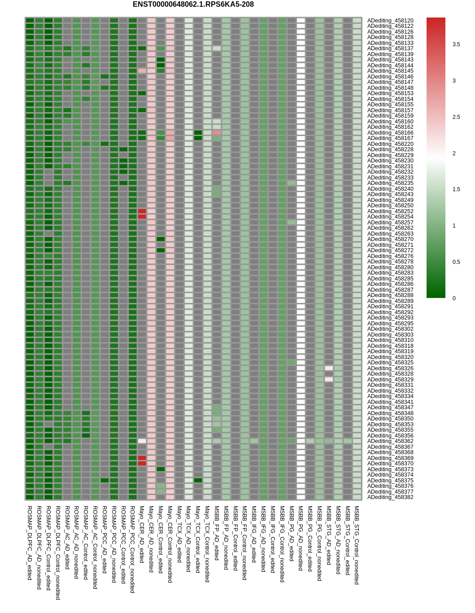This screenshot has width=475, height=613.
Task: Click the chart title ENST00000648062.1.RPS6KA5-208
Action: click(193, 4)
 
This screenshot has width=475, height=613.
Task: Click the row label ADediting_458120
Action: click(390, 21)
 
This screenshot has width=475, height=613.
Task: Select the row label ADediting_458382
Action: click(390, 497)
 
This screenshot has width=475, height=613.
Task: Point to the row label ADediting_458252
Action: click(390, 211)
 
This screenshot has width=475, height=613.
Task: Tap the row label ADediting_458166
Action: click(390, 133)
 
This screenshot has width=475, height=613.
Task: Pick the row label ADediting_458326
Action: click(390, 368)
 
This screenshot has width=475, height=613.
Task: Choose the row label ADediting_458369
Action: click(390, 458)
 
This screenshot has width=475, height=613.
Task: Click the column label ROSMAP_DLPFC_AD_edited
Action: click(30, 543)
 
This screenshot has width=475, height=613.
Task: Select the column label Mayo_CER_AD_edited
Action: click(142, 534)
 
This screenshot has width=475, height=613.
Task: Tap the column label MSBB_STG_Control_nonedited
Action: click(357, 545)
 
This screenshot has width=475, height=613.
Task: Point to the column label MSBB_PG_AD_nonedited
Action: click(301, 538)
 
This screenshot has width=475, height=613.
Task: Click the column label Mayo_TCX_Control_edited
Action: click(198, 539)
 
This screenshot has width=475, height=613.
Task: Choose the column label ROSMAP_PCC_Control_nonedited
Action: click(132, 550)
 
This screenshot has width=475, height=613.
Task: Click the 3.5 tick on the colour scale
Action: click(456, 44)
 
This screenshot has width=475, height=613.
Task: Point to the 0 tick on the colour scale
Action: click(454, 298)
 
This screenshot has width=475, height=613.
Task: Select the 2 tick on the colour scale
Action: click(454, 153)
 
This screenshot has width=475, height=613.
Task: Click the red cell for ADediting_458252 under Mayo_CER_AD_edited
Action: click(142, 211)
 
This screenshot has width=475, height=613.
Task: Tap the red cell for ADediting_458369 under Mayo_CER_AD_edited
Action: click(142, 458)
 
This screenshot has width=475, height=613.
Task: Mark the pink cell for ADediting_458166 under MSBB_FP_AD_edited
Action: click(217, 133)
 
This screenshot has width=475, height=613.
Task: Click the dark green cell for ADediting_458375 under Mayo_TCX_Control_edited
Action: click(198, 481)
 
